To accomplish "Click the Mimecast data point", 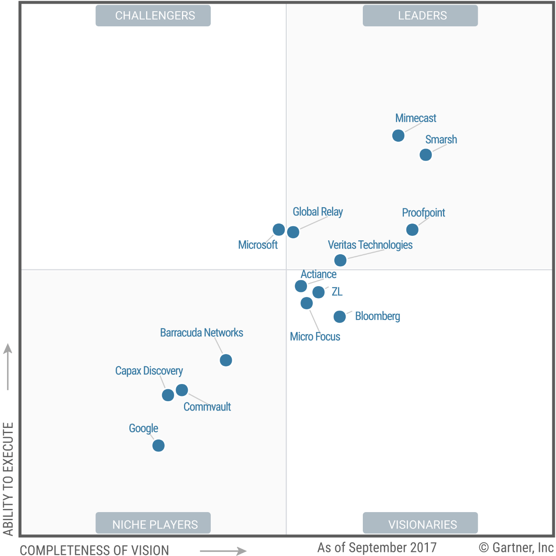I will (398, 136).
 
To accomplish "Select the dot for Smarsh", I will (425, 155).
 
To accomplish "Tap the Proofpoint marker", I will (412, 230).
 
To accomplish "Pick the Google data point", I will (158, 445).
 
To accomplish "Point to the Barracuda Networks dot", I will (226, 360).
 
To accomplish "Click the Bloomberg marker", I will (340, 317).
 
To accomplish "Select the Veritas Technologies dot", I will (340, 260).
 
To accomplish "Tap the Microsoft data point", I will (279, 230).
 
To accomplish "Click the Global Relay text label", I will (318, 212).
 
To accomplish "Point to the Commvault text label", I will (207, 407).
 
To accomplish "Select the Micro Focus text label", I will (315, 336).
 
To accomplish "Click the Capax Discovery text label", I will (149, 371).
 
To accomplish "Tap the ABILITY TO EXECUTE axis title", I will (8, 479).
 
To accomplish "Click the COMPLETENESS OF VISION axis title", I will (94, 550).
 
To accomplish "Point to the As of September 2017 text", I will (377, 547).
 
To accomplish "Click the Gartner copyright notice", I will (516, 547).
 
